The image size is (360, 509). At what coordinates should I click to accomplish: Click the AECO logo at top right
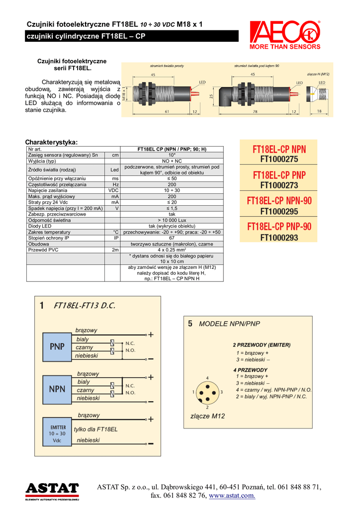(285, 35)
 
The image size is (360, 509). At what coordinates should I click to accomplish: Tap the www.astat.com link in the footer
(232, 496)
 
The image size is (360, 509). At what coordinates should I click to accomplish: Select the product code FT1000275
(279, 160)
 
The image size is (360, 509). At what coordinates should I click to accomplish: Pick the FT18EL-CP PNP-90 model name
(279, 227)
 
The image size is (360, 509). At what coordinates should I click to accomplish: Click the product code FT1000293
(279, 237)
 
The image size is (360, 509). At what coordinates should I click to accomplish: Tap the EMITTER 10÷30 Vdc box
(57, 433)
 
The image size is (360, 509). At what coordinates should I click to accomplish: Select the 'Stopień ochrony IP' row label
(49, 238)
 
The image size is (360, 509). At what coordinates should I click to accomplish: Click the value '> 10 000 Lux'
(172, 220)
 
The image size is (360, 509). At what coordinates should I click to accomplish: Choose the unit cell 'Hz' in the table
(115, 184)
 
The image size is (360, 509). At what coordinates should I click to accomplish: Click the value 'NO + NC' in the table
(172, 161)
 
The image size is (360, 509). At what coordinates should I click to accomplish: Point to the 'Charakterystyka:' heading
(51, 142)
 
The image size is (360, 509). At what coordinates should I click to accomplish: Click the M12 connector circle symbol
(207, 393)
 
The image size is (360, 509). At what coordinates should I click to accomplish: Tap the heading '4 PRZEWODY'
(250, 370)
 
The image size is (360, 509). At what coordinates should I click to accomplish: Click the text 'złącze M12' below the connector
(208, 416)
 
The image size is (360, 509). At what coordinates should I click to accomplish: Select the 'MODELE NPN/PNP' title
(229, 324)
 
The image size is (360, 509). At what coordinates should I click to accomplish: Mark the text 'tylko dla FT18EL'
(95, 429)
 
